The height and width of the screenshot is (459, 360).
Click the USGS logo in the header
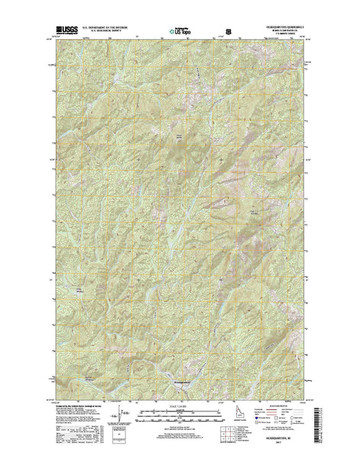coord(59,32)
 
